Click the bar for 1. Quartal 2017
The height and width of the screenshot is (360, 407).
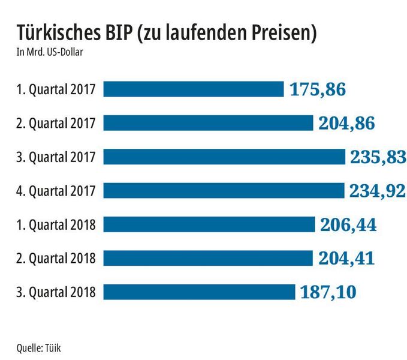194,89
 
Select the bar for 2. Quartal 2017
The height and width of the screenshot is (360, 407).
209,123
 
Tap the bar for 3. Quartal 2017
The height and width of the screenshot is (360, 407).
225,157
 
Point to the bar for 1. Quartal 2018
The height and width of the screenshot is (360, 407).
209,224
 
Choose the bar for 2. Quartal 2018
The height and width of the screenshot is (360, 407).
209,258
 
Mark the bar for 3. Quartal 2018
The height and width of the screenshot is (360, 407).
200,292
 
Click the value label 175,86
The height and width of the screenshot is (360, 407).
318,90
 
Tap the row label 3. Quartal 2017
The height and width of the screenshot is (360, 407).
56,157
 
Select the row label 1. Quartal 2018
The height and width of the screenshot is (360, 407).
56,225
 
